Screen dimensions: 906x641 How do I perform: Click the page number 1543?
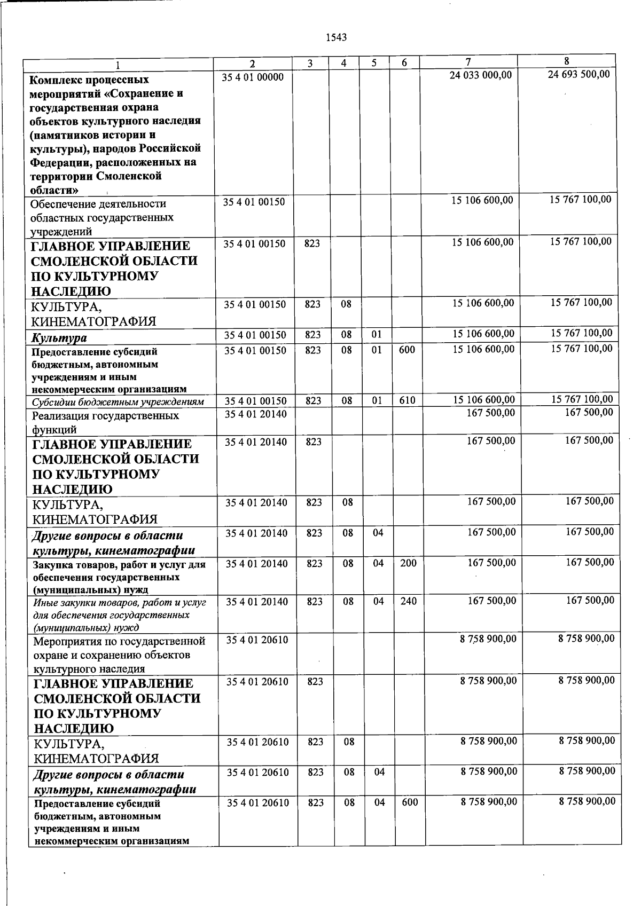(x=336, y=37)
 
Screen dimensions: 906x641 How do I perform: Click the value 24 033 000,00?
(x=480, y=75)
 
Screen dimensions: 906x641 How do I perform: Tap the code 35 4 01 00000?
(x=253, y=77)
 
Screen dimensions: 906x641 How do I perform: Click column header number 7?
(x=468, y=62)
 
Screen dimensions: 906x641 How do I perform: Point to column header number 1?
(x=118, y=65)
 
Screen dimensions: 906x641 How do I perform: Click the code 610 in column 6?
(x=407, y=400)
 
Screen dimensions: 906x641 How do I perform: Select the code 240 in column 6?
(x=408, y=601)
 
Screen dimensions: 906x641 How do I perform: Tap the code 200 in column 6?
(x=408, y=563)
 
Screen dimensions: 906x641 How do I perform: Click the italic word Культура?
(x=59, y=338)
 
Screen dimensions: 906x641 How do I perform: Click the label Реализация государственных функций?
(x=105, y=422)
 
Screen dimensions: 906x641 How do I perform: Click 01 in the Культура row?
(x=377, y=335)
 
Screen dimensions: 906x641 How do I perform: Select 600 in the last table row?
(x=410, y=802)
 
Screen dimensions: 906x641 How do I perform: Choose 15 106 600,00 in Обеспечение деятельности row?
(x=482, y=200)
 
